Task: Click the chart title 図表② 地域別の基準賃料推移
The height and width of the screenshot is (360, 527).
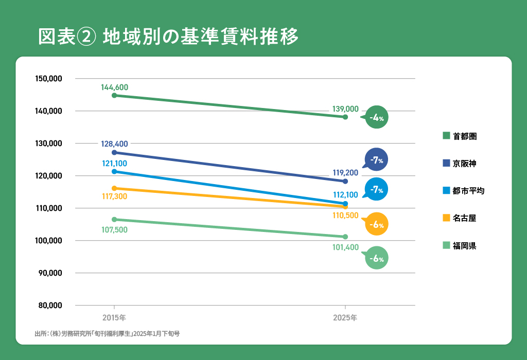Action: [169, 37]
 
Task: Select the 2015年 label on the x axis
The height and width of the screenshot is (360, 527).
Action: [114, 317]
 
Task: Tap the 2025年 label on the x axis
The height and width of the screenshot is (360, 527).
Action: [345, 317]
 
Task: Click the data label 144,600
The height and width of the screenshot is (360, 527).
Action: [115, 87]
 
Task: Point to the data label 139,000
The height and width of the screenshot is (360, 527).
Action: [345, 109]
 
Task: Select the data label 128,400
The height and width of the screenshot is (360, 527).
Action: [115, 144]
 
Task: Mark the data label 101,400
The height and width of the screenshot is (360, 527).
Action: [345, 247]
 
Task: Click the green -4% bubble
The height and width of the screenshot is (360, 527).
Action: [377, 118]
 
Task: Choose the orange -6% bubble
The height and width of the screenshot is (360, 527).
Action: [377, 224]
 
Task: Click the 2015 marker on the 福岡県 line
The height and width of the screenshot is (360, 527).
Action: [114, 220]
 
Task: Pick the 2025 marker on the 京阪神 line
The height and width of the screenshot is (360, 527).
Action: [345, 182]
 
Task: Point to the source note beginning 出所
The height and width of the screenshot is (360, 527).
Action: [107, 334]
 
